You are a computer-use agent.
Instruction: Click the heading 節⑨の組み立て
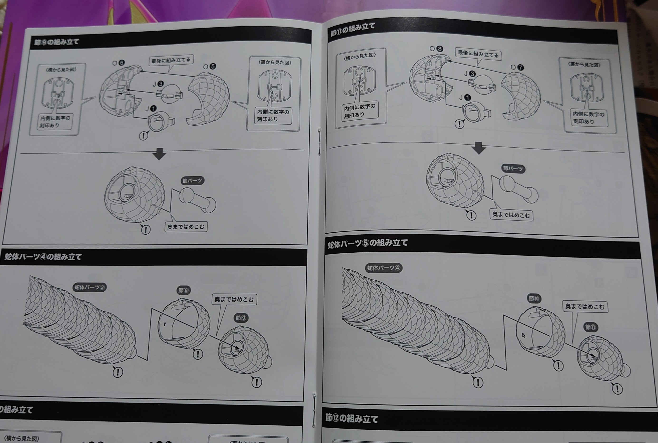[57, 42]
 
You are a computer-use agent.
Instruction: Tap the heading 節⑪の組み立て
[352, 30]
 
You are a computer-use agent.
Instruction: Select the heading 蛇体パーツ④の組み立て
[43, 257]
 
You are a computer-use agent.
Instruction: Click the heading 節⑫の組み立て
[351, 418]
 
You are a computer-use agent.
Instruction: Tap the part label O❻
[119, 63]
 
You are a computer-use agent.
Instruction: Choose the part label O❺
[210, 67]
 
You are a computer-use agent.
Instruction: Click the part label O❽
[436, 49]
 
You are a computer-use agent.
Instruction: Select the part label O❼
[517, 67]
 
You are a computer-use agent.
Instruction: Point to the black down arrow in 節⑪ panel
[478, 148]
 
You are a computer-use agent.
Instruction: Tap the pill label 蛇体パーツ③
[89, 287]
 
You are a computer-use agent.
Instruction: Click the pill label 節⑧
[183, 290]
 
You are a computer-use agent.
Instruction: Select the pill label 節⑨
[241, 318]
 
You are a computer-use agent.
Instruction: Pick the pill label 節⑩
[534, 298]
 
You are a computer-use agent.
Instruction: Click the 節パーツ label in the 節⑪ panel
[513, 169]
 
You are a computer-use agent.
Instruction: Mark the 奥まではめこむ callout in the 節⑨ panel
[186, 226]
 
